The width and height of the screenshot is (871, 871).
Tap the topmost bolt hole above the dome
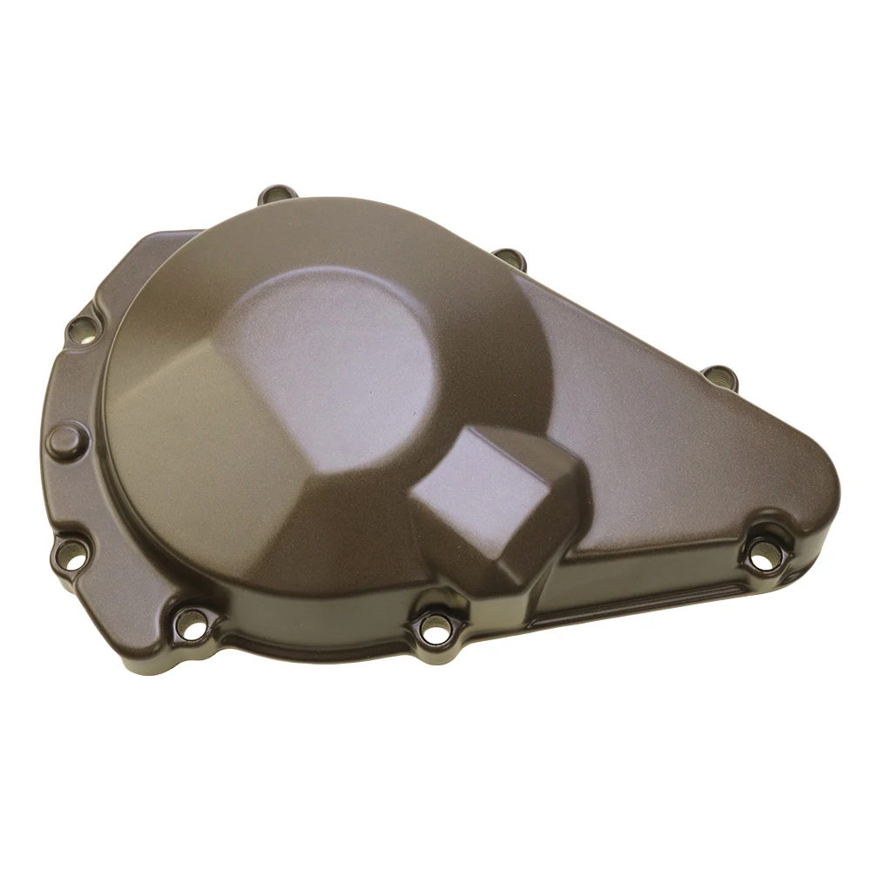pos(277,195)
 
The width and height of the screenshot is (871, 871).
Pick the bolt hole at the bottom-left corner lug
pos(192,622)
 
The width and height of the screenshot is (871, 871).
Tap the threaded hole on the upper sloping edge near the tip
pos(719,376)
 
